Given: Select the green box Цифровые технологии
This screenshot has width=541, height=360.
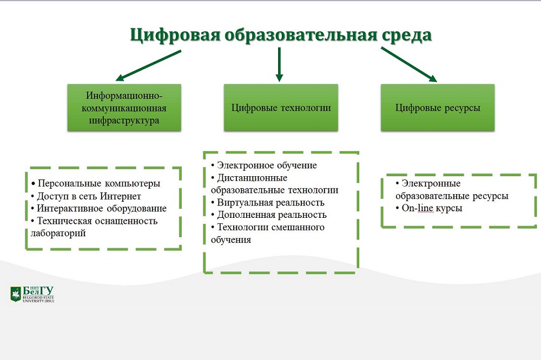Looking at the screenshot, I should click(x=281, y=108).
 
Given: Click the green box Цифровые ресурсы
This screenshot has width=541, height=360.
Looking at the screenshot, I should click(x=438, y=108).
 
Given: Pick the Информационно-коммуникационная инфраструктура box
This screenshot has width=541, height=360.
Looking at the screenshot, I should click(x=124, y=108).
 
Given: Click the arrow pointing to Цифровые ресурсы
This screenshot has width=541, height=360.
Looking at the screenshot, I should click(x=408, y=64).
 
